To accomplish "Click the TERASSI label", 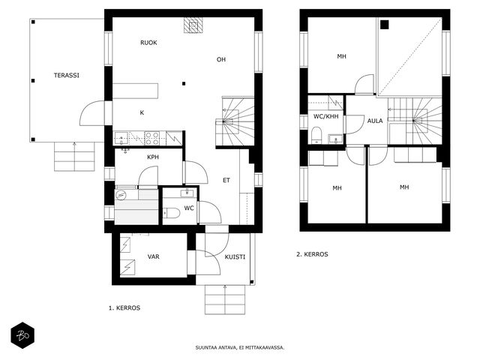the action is point(67,75).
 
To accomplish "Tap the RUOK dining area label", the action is point(148,43).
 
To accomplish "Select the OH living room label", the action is point(221,59).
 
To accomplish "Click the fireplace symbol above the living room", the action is point(193,25).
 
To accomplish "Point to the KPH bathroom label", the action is point(153,157).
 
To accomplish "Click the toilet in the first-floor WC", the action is point(172,213).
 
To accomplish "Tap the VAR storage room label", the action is point(153,256).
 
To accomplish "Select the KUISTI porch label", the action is point(235,256).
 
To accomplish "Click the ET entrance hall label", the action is point(226,180).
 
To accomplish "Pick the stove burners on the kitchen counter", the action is point(151,138).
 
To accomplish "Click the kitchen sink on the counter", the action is point(121,138).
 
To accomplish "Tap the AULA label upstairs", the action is point(375,121).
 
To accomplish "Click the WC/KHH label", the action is point(326,116).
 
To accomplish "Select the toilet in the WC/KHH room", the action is point(316,135).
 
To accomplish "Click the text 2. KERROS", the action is point(312,254).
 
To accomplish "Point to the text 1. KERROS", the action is point(124,308).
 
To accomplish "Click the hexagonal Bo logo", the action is point(22,335).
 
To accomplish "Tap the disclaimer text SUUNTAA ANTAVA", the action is point(216,348).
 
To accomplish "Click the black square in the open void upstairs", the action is point(385,25).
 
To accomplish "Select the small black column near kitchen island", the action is point(184,83).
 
